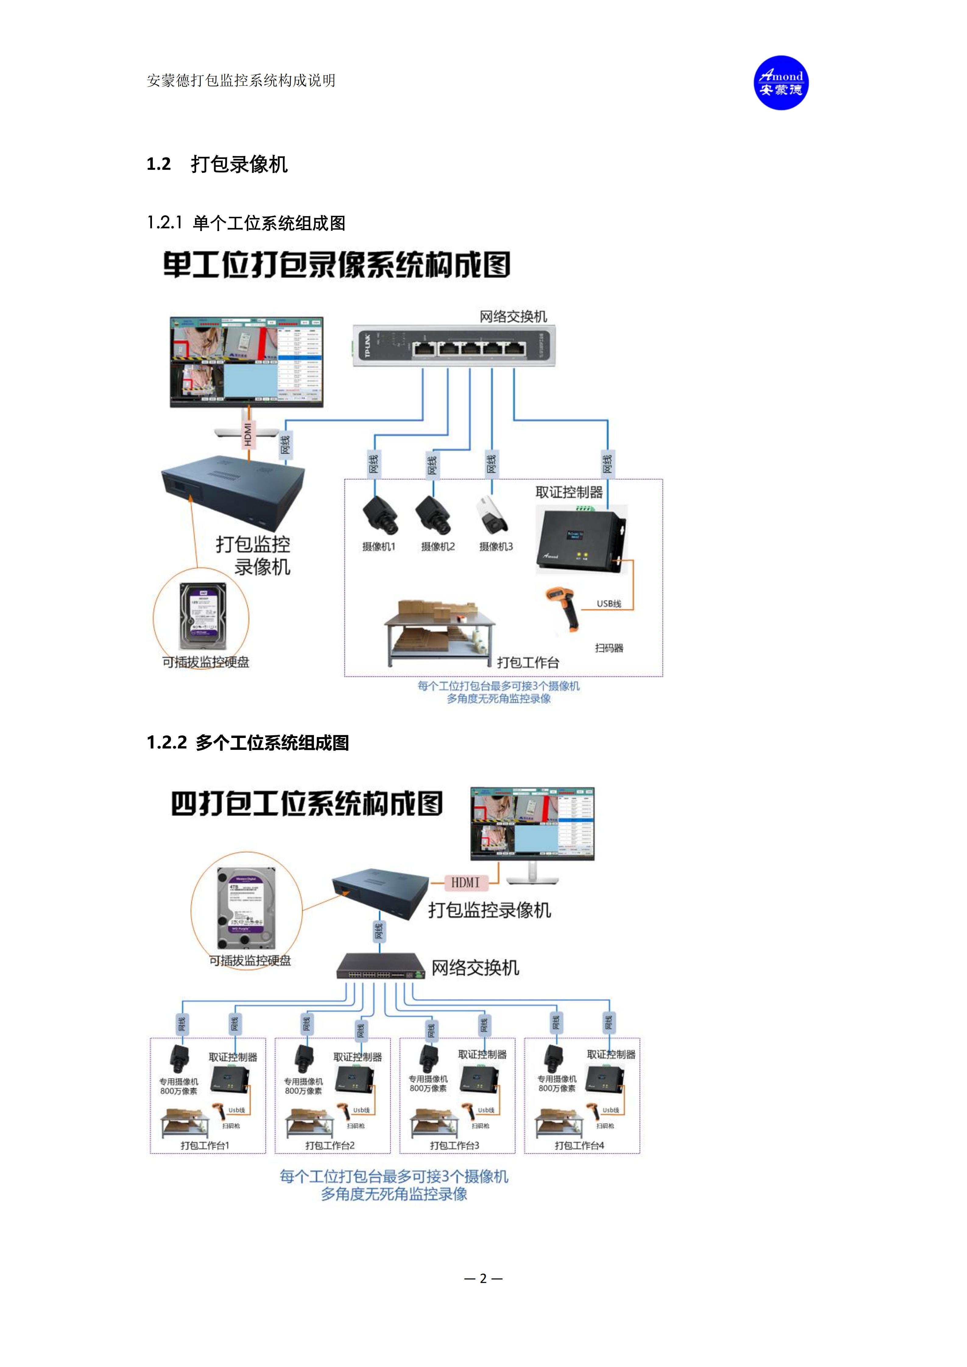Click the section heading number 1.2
click(158, 164)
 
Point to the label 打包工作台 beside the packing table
click(528, 663)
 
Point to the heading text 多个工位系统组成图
click(272, 743)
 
